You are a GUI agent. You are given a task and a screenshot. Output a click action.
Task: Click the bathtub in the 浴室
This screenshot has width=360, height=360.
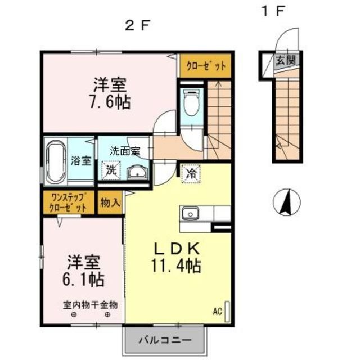[56, 162]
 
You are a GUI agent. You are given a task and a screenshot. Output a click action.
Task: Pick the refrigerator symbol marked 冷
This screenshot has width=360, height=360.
[191, 173]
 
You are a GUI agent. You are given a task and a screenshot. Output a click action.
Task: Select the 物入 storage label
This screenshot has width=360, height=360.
[110, 202]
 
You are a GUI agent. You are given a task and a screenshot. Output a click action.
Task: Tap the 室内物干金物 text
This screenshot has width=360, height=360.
[90, 305]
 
